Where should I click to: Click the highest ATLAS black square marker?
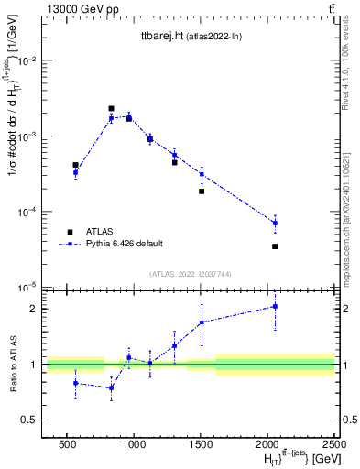coord(111,108)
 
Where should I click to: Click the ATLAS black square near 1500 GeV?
coord(202,191)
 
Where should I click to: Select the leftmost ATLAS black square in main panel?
coord(75,165)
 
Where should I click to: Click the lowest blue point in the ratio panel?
coord(111,387)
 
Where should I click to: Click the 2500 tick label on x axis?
coord(334,443)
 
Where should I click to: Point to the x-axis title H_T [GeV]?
coord(289,457)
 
